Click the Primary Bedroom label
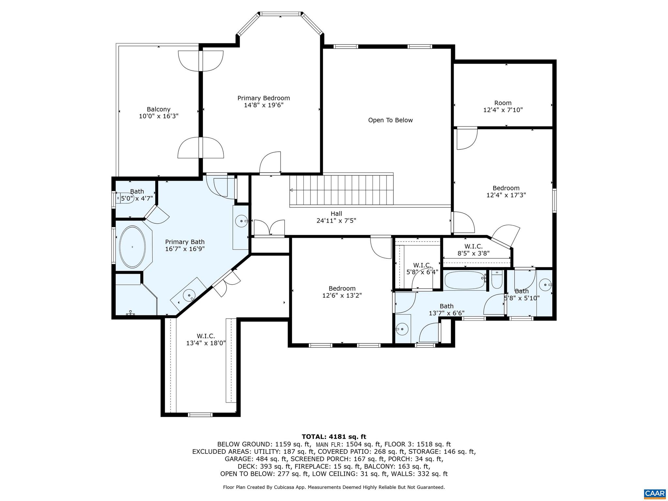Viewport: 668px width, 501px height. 264,101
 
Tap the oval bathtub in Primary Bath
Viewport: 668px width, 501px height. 132,247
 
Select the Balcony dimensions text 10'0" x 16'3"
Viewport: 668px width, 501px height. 159,116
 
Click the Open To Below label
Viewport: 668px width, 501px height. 390,120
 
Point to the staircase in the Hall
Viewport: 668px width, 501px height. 341,190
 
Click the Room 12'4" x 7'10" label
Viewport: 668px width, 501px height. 503,106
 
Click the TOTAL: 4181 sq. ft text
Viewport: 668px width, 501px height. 334,437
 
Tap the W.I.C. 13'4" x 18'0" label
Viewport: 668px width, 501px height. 206,339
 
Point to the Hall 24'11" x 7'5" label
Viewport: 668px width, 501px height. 336,217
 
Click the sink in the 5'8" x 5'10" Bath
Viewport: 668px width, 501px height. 545,285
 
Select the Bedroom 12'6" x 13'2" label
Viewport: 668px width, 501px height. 342,292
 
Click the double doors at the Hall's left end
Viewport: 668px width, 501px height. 269,228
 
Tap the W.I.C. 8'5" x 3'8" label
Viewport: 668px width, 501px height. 473,250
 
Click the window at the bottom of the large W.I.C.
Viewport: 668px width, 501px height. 200,415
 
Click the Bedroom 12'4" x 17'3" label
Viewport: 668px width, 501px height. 506,191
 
